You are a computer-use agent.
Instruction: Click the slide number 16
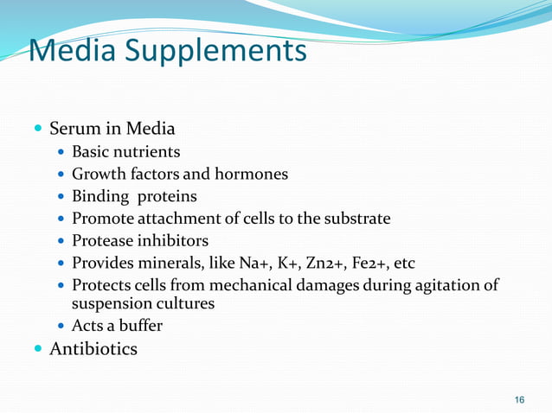[519, 399]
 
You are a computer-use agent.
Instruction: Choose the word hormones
[252, 175]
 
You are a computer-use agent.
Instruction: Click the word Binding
[99, 196]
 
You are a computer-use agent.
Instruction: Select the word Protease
[104, 241]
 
